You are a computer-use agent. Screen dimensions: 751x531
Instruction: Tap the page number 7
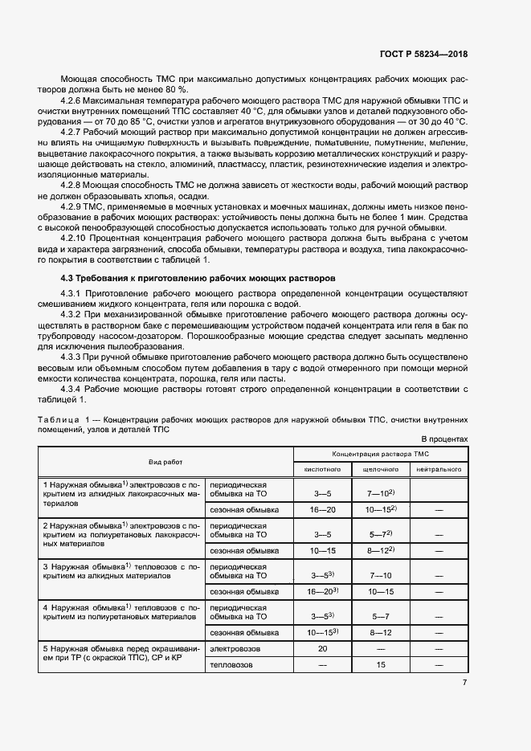(464, 683)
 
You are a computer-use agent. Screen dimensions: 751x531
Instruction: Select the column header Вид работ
(165, 462)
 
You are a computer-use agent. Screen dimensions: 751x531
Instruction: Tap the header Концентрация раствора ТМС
(380, 454)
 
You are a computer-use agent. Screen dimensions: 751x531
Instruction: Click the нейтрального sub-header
(438, 468)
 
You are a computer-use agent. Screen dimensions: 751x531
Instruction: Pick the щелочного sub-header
(381, 468)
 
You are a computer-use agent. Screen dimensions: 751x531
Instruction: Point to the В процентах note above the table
(443, 439)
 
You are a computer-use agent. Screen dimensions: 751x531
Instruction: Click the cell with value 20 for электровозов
(322, 647)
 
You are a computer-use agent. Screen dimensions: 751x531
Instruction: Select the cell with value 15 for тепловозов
(381, 665)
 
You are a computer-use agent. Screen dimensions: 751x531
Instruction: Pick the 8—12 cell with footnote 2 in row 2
(381, 550)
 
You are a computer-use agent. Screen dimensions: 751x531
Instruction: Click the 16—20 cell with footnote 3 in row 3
(322, 591)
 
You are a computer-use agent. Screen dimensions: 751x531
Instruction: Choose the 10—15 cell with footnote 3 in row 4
(322, 632)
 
